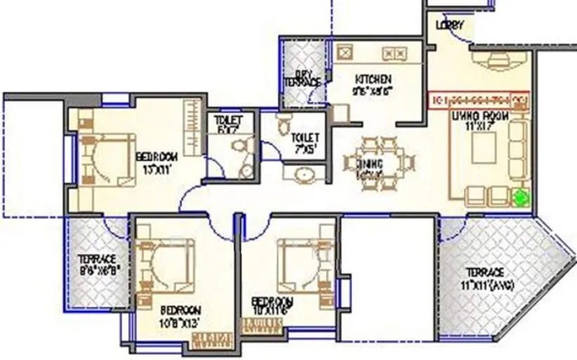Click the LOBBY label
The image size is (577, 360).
(450, 25)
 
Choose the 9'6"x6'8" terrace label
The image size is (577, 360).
(97, 263)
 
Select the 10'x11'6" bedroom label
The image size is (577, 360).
(273, 304)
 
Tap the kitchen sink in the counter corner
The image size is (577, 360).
(345, 53)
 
